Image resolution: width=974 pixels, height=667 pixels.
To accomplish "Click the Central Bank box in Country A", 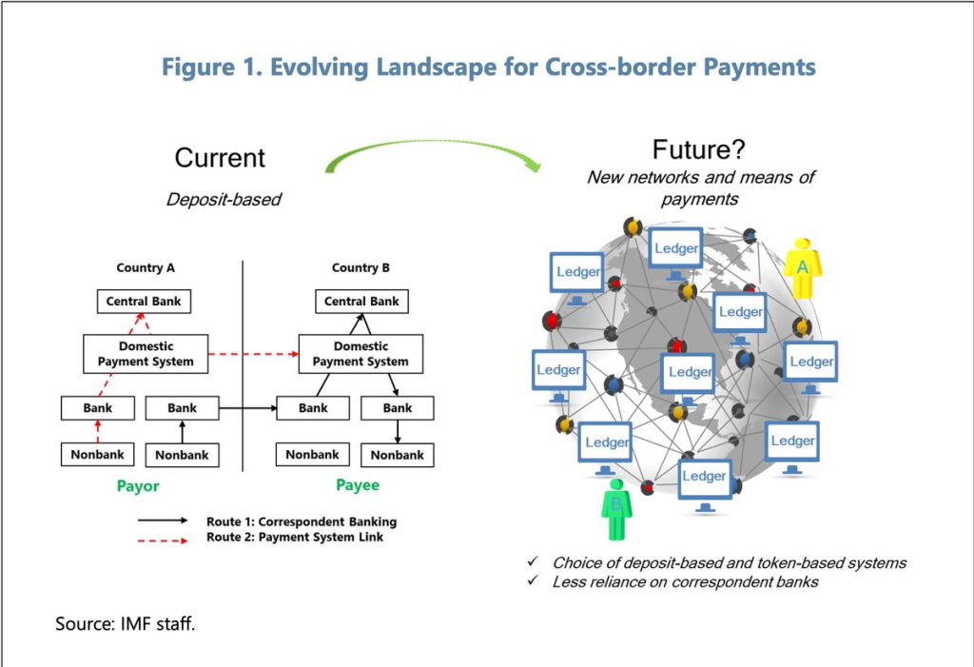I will tap(144, 302).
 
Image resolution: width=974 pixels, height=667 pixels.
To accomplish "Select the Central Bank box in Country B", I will tap(361, 302).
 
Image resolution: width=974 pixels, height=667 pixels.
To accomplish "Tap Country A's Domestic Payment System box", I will tap(146, 354).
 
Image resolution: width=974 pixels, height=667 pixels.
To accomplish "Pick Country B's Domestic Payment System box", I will tap(360, 354).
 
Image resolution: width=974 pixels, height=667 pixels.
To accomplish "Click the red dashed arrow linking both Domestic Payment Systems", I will tap(253, 354).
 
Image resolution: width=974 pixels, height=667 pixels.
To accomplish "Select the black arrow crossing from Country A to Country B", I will tap(247, 408).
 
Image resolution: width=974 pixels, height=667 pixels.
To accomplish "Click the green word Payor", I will tap(138, 486).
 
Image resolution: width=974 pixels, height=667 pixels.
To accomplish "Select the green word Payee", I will tap(358, 485).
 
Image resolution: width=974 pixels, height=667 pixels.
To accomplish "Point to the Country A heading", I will tap(146, 268).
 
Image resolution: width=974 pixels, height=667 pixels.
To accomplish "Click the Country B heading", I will tap(360, 268).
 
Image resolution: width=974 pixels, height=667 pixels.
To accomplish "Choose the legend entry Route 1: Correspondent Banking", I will tap(301, 521).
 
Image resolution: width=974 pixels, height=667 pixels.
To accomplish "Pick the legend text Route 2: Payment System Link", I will tap(295, 537).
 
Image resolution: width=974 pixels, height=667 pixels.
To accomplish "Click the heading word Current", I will tap(220, 158).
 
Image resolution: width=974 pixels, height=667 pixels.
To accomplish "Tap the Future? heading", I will tap(699, 150).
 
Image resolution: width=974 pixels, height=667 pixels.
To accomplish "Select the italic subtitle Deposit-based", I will tap(224, 200).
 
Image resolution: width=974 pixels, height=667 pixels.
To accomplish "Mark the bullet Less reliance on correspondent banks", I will tap(685, 581).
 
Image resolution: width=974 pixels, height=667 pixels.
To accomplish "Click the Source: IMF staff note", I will tap(125, 625).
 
